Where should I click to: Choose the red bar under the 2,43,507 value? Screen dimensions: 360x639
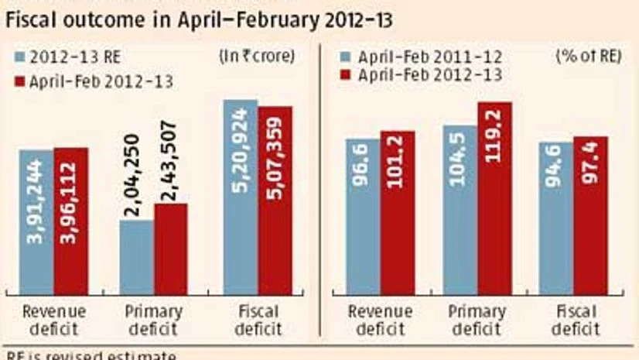pyautogui.click(x=170, y=248)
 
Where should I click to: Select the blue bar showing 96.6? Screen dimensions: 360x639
pyautogui.click(x=362, y=216)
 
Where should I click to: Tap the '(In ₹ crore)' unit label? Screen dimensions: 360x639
pyautogui.click(x=265, y=56)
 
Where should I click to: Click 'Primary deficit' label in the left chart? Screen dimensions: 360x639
pyautogui.click(x=153, y=320)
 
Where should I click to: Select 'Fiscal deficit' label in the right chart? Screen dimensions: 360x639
pyautogui.click(x=575, y=320)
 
